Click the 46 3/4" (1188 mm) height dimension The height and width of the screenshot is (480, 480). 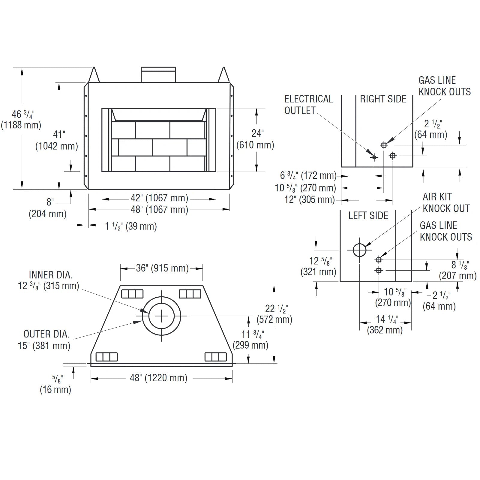pyautogui.click(x=21, y=119)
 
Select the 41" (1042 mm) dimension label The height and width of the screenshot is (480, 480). pyautogui.click(x=57, y=140)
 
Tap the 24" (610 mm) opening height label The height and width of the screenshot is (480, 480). pyautogui.click(x=255, y=139)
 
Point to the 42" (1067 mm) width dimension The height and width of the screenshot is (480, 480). pyautogui.click(x=159, y=198)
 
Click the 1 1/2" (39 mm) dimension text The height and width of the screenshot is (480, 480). pyautogui.click(x=131, y=226)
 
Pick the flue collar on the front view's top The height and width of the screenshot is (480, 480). pyautogui.click(x=158, y=74)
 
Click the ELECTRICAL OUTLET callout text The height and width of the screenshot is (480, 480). pyautogui.click(x=308, y=104)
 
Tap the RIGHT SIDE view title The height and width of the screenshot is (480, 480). pyautogui.click(x=383, y=99)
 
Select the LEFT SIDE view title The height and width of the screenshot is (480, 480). pyautogui.click(x=368, y=215)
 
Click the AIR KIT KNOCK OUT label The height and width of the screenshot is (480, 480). pyautogui.click(x=446, y=202)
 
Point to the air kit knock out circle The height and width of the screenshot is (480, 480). pyautogui.click(x=359, y=250)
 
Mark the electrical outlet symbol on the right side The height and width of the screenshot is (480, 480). pyautogui.click(x=374, y=157)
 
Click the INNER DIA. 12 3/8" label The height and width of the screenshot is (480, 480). pyautogui.click(x=49, y=280)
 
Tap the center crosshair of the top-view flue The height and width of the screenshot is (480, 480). pyautogui.click(x=161, y=316)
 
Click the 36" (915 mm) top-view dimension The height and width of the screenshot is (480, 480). pyautogui.click(x=162, y=268)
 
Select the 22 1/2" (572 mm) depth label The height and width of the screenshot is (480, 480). pyautogui.click(x=275, y=314)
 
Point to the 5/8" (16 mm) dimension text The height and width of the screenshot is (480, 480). pyautogui.click(x=56, y=384)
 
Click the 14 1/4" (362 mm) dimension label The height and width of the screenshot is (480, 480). pyautogui.click(x=385, y=325)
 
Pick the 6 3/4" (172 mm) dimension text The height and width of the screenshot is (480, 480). pyautogui.click(x=308, y=175)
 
